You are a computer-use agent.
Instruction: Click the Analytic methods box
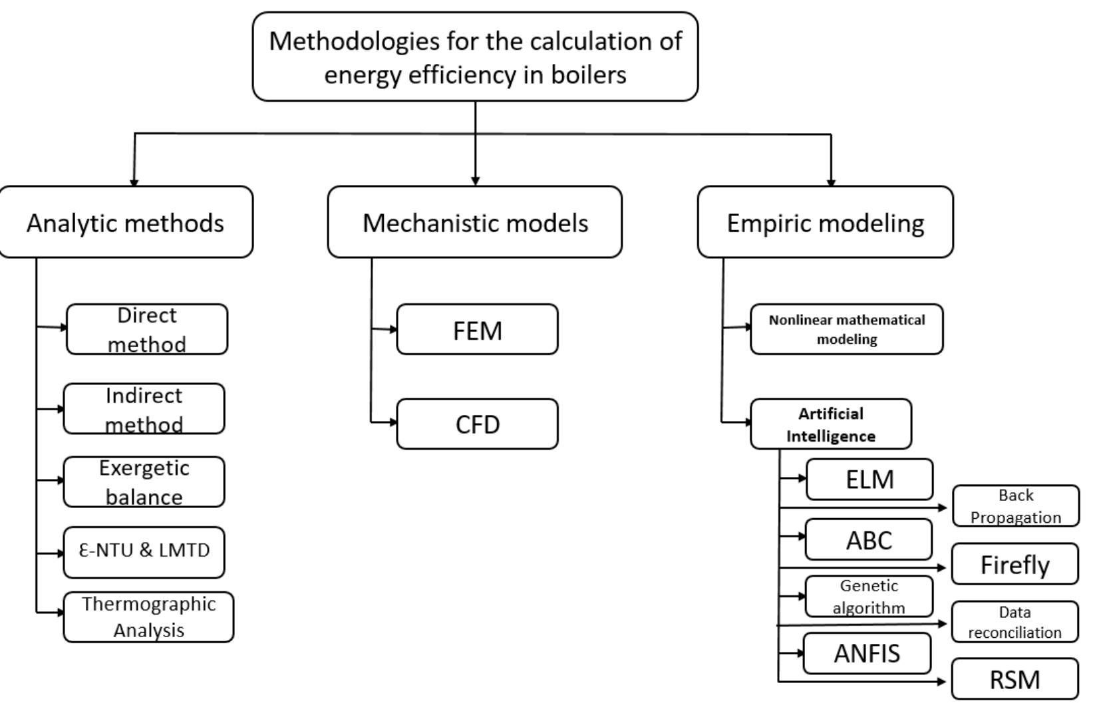tap(126, 222)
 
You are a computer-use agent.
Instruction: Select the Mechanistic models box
tap(474, 222)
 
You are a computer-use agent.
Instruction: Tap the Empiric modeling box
tap(825, 222)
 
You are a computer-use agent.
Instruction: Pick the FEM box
tap(477, 330)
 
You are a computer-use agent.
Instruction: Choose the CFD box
tap(477, 424)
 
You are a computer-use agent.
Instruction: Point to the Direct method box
tap(147, 329)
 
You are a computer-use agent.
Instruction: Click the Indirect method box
tap(144, 409)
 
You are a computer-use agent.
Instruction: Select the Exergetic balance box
tap(144, 482)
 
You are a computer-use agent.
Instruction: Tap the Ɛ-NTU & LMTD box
tap(144, 552)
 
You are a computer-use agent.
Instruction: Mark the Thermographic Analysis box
tap(148, 617)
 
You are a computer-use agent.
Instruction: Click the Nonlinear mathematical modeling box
tap(846, 329)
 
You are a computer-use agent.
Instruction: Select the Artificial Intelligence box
tap(830, 424)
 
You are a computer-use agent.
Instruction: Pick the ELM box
tap(869, 480)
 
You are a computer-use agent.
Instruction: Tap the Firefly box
tap(1015, 565)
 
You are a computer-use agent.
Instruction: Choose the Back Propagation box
tap(1015, 506)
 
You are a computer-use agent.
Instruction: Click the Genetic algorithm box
tap(868, 597)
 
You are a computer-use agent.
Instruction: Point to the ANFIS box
tap(866, 654)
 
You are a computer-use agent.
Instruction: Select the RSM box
tap(1015, 680)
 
